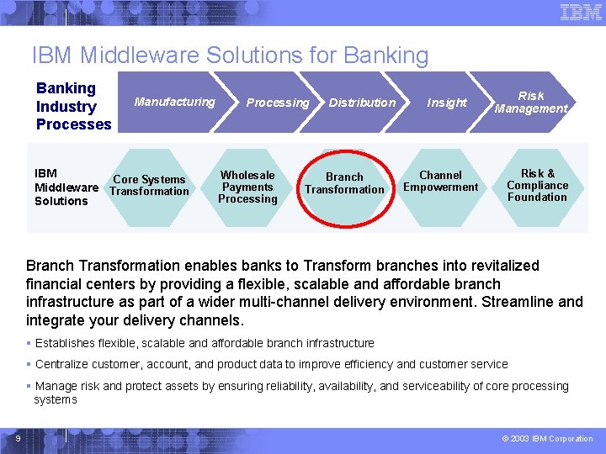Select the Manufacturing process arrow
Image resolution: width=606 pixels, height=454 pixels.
tap(175, 102)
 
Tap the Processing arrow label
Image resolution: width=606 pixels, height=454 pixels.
tap(277, 103)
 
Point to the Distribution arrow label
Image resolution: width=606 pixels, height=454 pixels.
tap(362, 103)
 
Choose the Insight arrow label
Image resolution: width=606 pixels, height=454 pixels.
tap(446, 103)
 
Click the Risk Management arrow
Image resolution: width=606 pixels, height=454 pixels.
tap(531, 102)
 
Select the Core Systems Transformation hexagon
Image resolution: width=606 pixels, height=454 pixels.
tap(149, 186)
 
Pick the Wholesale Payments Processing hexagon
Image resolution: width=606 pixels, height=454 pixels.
tap(247, 187)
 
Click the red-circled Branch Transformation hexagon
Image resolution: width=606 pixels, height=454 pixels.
tap(344, 184)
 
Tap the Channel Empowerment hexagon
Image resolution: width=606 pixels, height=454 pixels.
tap(440, 182)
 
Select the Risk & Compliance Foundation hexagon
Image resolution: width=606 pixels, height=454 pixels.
tap(537, 185)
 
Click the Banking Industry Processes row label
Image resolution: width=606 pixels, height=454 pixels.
tap(73, 106)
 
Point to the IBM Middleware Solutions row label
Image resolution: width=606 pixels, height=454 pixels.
tap(66, 187)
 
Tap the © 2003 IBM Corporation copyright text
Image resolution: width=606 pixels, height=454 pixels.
tap(547, 438)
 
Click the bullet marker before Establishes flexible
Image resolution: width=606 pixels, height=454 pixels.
tap(29, 343)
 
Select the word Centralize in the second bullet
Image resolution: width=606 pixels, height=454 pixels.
tap(63, 364)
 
